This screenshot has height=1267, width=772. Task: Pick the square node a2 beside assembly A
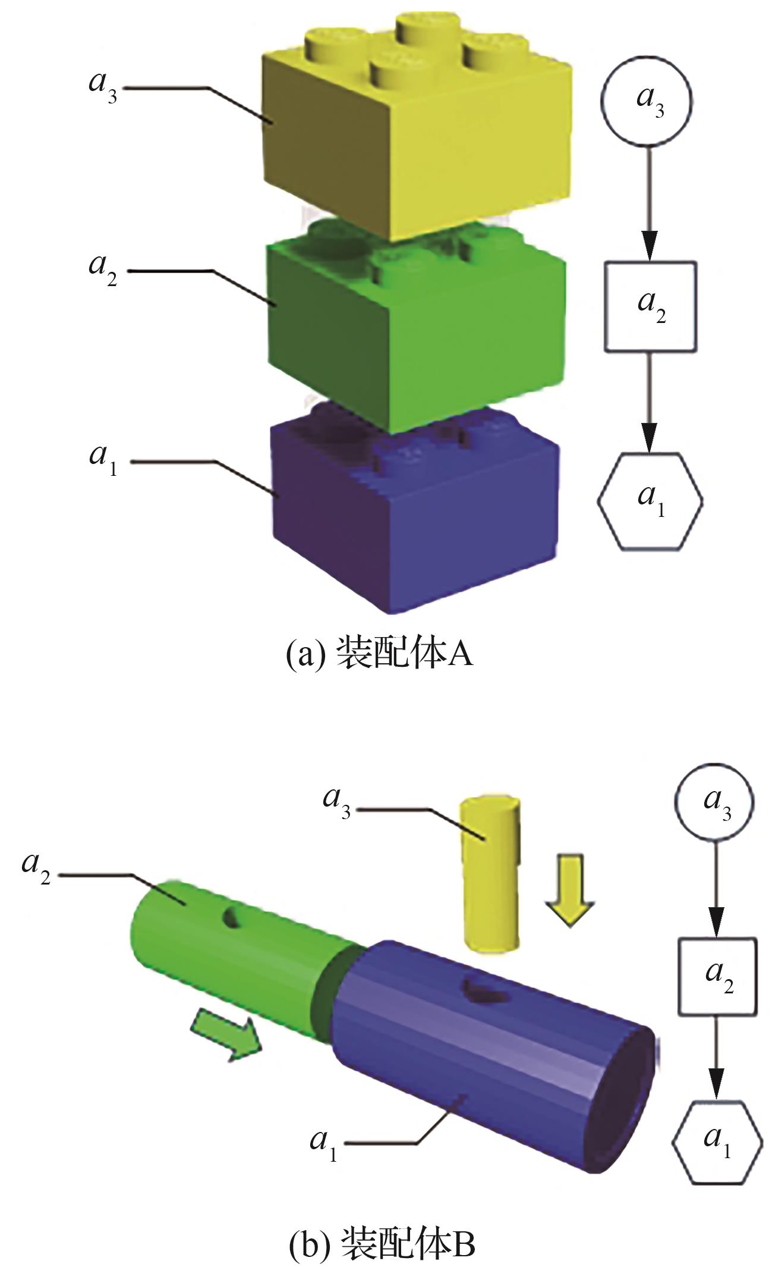[650, 306]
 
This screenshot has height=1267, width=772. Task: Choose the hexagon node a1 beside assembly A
[650, 501]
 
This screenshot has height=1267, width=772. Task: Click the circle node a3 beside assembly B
[713, 802]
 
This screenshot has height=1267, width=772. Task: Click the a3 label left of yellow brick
[103, 86]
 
